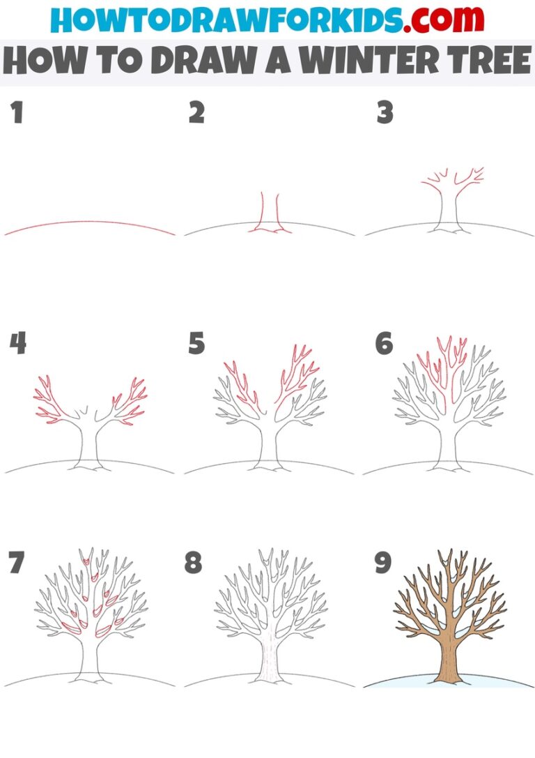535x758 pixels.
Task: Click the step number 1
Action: pos(17,113)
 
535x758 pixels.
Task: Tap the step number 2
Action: pos(196,113)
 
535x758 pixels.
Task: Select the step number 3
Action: pos(385,113)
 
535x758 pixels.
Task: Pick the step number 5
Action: pos(196,343)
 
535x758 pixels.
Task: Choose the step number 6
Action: pos(384,343)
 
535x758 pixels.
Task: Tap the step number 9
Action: pos(384,563)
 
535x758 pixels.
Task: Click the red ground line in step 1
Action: pos(89,223)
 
